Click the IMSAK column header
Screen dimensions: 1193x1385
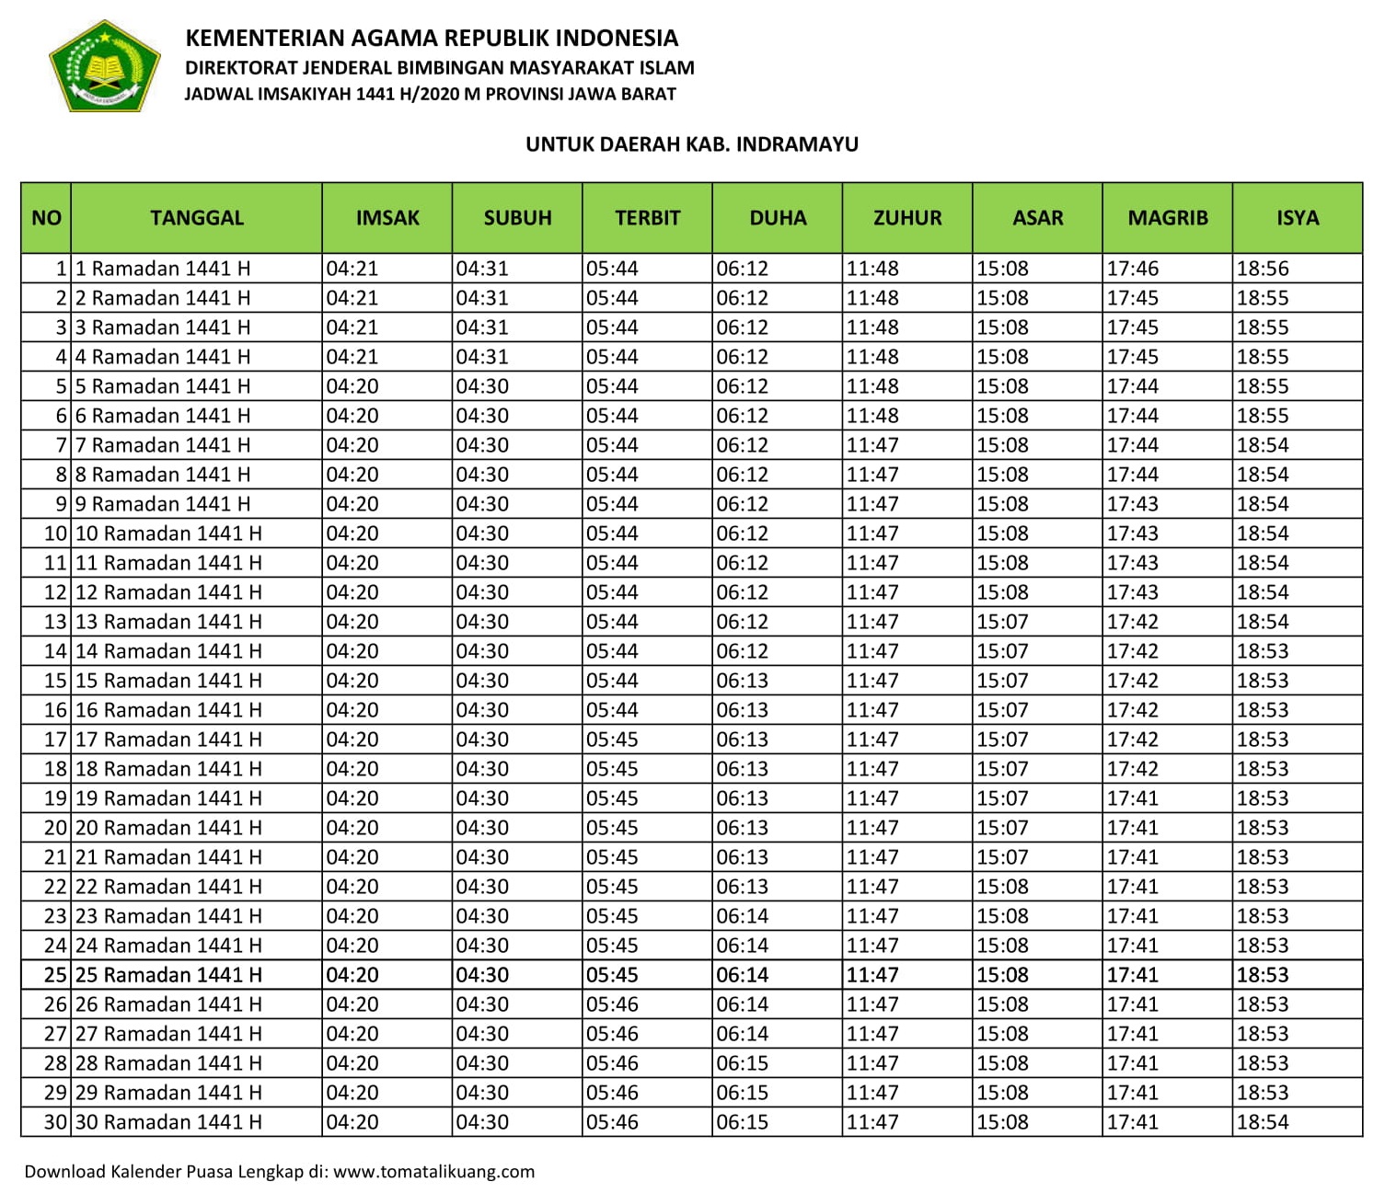[x=387, y=218]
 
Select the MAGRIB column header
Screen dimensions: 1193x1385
[x=1167, y=218]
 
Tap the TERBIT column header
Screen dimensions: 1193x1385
[x=647, y=218]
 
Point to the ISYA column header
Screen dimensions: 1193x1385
[x=1297, y=218]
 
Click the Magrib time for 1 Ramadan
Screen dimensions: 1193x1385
[x=1132, y=269]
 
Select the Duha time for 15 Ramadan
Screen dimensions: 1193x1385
[x=742, y=681]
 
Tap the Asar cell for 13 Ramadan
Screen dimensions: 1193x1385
[x=1002, y=622]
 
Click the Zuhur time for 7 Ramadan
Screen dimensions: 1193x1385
[x=871, y=445]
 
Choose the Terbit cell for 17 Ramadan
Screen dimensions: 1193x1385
[x=612, y=740]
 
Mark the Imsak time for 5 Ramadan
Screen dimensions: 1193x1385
[x=352, y=386]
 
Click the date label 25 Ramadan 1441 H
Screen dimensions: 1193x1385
[x=168, y=975]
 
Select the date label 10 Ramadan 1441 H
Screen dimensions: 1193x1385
[x=168, y=533]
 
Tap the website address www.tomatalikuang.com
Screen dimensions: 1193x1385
[x=433, y=1172]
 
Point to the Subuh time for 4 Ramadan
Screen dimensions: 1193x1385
[x=482, y=357]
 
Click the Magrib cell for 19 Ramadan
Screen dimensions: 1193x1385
[x=1132, y=798]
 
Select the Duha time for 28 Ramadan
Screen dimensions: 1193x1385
[x=742, y=1063]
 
